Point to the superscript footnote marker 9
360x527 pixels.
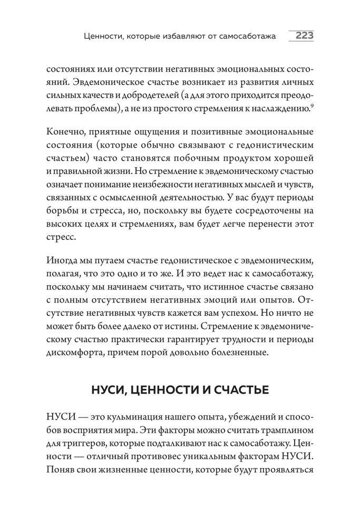click(313, 106)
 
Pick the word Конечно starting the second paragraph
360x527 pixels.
click(65, 131)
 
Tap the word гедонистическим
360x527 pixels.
click(276, 144)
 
